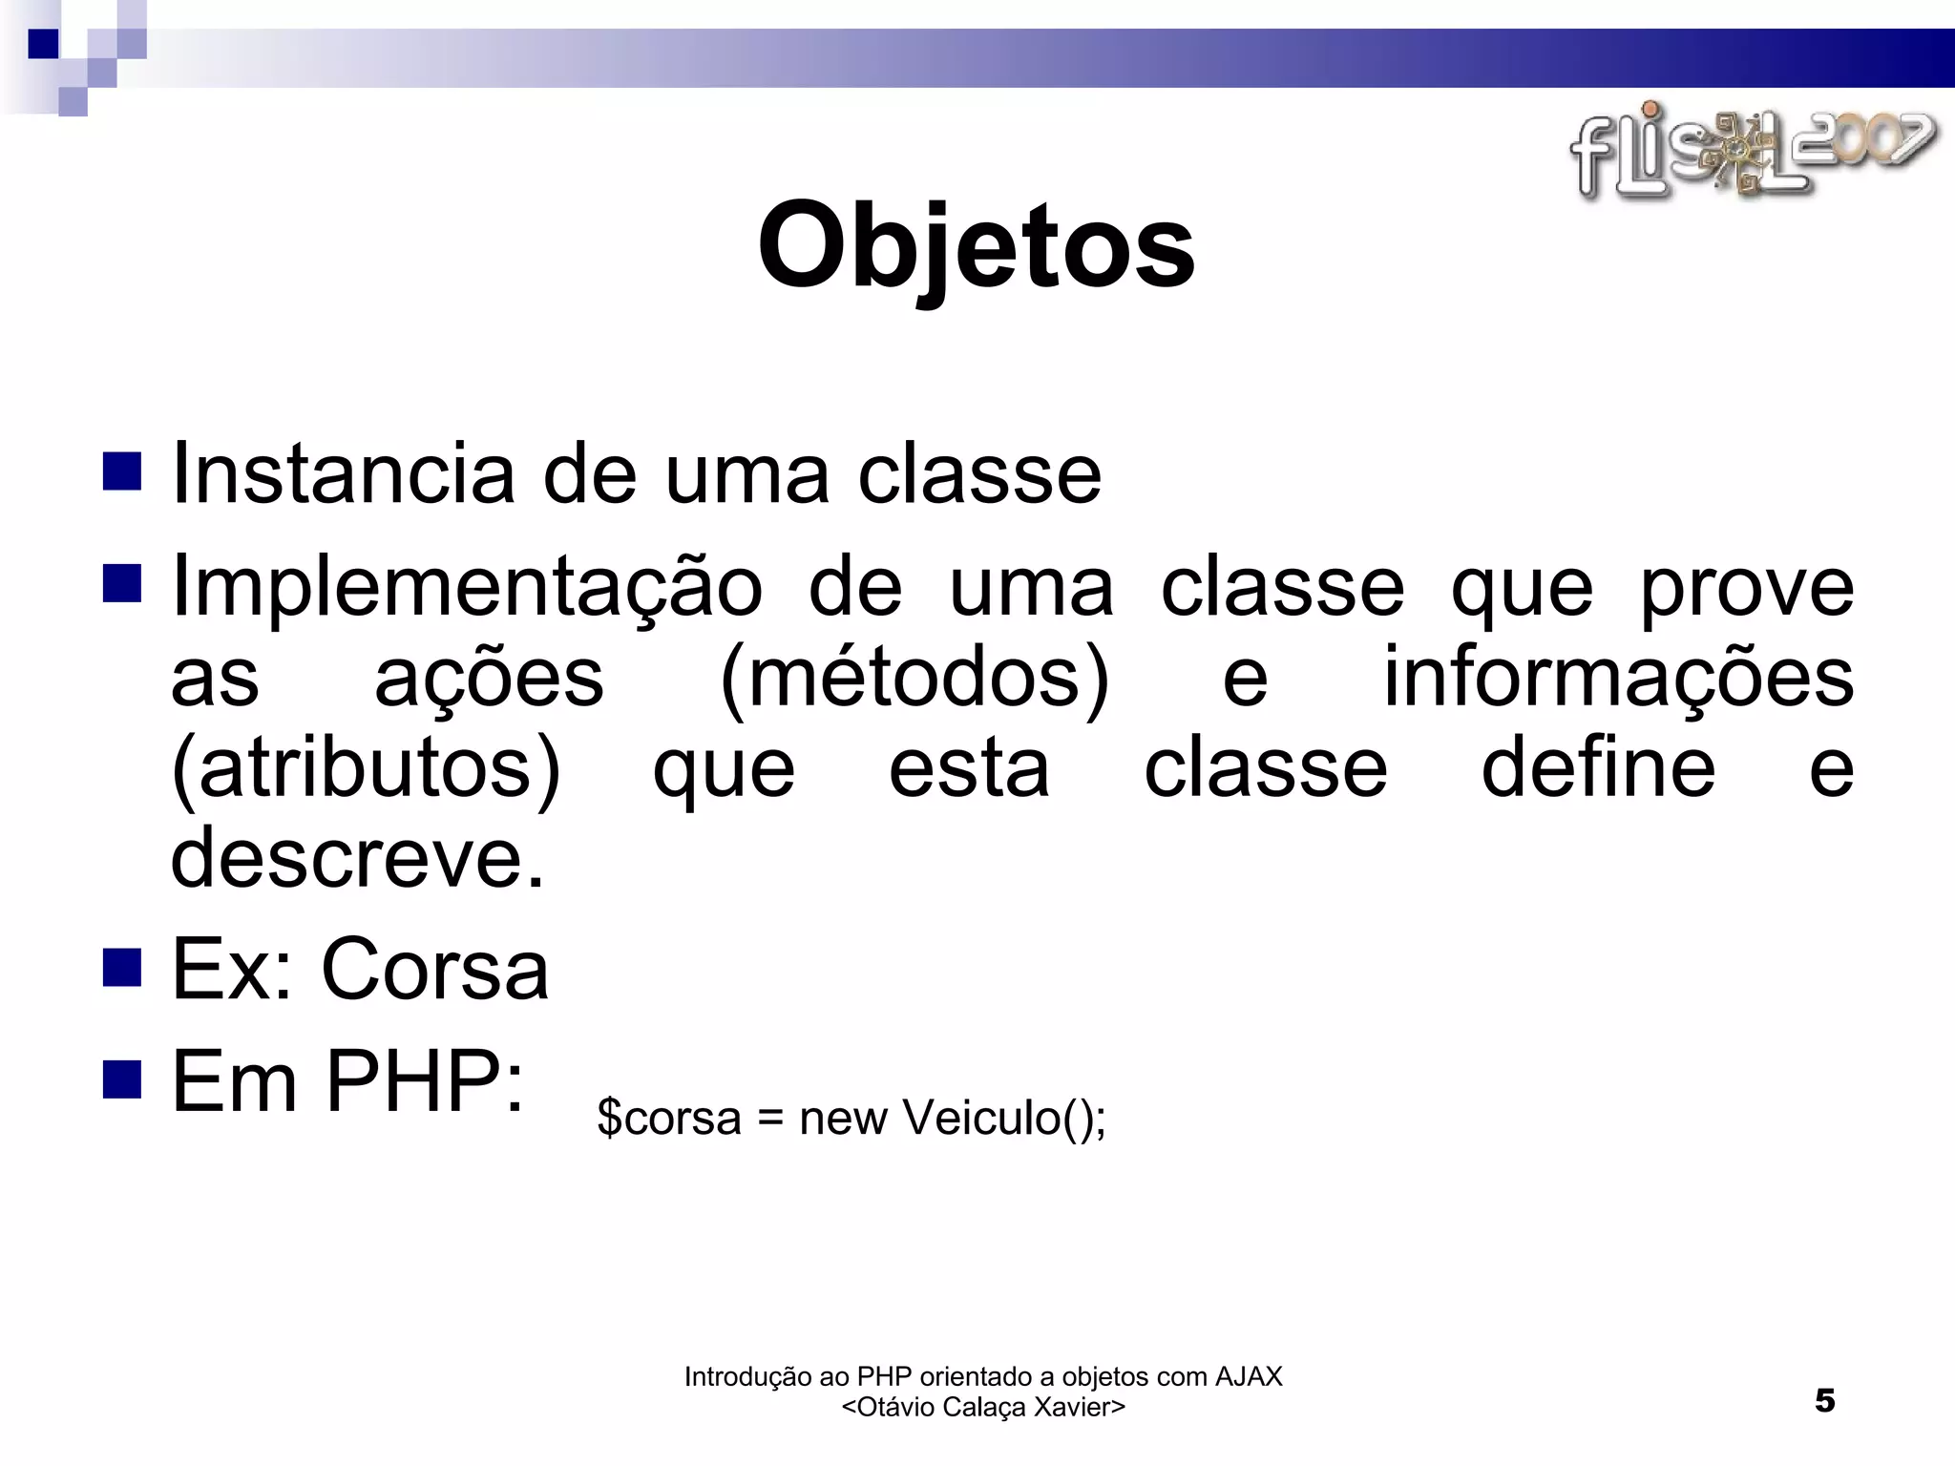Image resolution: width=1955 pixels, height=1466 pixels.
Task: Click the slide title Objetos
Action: [x=976, y=246]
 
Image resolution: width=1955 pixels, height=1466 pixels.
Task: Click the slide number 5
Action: [x=1824, y=1400]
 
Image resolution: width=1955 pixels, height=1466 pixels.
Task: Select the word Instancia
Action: [x=342, y=474]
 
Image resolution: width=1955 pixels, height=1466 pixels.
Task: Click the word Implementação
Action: [x=467, y=588]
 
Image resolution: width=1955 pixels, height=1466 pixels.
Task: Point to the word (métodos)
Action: [x=914, y=677]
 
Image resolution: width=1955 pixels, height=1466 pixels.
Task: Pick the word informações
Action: [x=1618, y=677]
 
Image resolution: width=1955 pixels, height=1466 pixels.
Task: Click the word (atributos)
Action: [x=367, y=768]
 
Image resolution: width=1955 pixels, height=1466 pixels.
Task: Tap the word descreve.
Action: [x=357, y=857]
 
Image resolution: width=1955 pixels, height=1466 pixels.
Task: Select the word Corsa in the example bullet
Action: [x=435, y=970]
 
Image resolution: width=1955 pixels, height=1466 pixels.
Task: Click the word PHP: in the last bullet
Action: [x=425, y=1081]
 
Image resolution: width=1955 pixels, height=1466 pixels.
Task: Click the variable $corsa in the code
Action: [x=668, y=1118]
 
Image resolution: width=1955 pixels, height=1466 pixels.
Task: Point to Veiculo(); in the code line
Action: [x=1003, y=1118]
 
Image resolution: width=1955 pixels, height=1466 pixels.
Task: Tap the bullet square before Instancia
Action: [x=122, y=471]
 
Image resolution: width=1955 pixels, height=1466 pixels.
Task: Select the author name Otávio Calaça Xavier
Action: [x=983, y=1407]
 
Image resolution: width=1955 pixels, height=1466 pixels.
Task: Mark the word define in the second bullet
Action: [x=1597, y=768]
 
